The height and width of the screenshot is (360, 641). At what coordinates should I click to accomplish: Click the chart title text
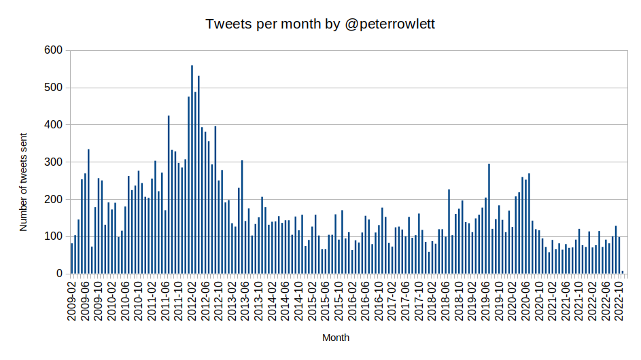click(320, 24)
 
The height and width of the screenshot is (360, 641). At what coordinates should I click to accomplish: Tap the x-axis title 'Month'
click(336, 338)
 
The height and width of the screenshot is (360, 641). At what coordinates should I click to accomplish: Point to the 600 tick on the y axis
click(53, 50)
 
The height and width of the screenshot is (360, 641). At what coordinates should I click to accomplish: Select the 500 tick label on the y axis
click(53, 88)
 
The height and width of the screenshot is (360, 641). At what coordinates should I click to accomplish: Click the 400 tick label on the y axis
click(53, 125)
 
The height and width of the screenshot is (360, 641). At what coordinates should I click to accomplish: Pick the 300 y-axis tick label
click(53, 162)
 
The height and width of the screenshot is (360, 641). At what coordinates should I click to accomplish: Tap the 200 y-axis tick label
click(53, 200)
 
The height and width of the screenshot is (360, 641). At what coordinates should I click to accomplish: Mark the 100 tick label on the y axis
click(53, 236)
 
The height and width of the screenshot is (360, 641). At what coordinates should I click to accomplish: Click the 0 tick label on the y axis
click(59, 274)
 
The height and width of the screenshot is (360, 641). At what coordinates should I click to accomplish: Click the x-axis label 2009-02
click(72, 299)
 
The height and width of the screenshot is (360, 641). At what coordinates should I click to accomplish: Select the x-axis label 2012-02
click(192, 299)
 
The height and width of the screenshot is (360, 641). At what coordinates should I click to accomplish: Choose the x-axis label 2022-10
click(620, 299)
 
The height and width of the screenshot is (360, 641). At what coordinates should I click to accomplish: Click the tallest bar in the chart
click(192, 170)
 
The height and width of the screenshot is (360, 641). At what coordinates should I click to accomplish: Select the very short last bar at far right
click(622, 272)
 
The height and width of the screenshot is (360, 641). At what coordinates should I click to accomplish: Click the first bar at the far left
click(71, 259)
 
